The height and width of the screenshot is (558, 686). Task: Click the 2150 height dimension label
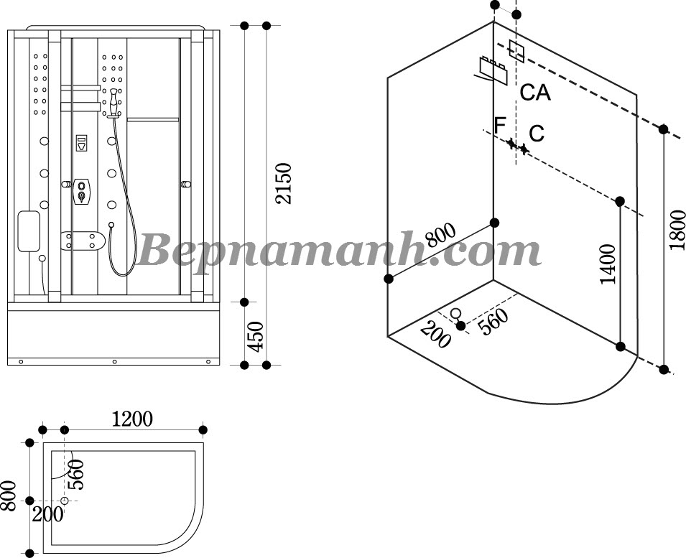[283, 183]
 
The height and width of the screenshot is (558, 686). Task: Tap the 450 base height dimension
[256, 336]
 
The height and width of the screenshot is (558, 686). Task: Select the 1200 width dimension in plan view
[132, 419]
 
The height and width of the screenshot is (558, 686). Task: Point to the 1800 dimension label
[677, 230]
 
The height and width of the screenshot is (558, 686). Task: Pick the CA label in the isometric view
[535, 92]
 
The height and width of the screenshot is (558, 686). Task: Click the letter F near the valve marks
[499, 126]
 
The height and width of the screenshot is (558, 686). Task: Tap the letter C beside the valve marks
[537, 134]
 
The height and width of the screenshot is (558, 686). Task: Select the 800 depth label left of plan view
[9, 496]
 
